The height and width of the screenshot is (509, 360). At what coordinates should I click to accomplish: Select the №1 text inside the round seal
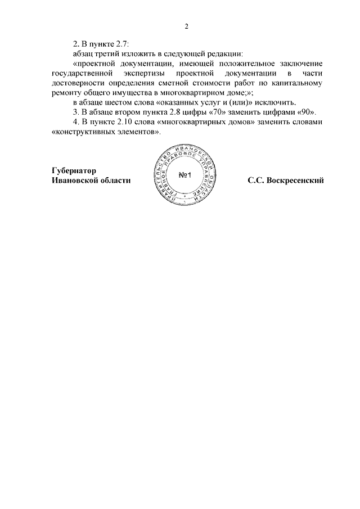[186, 175]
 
